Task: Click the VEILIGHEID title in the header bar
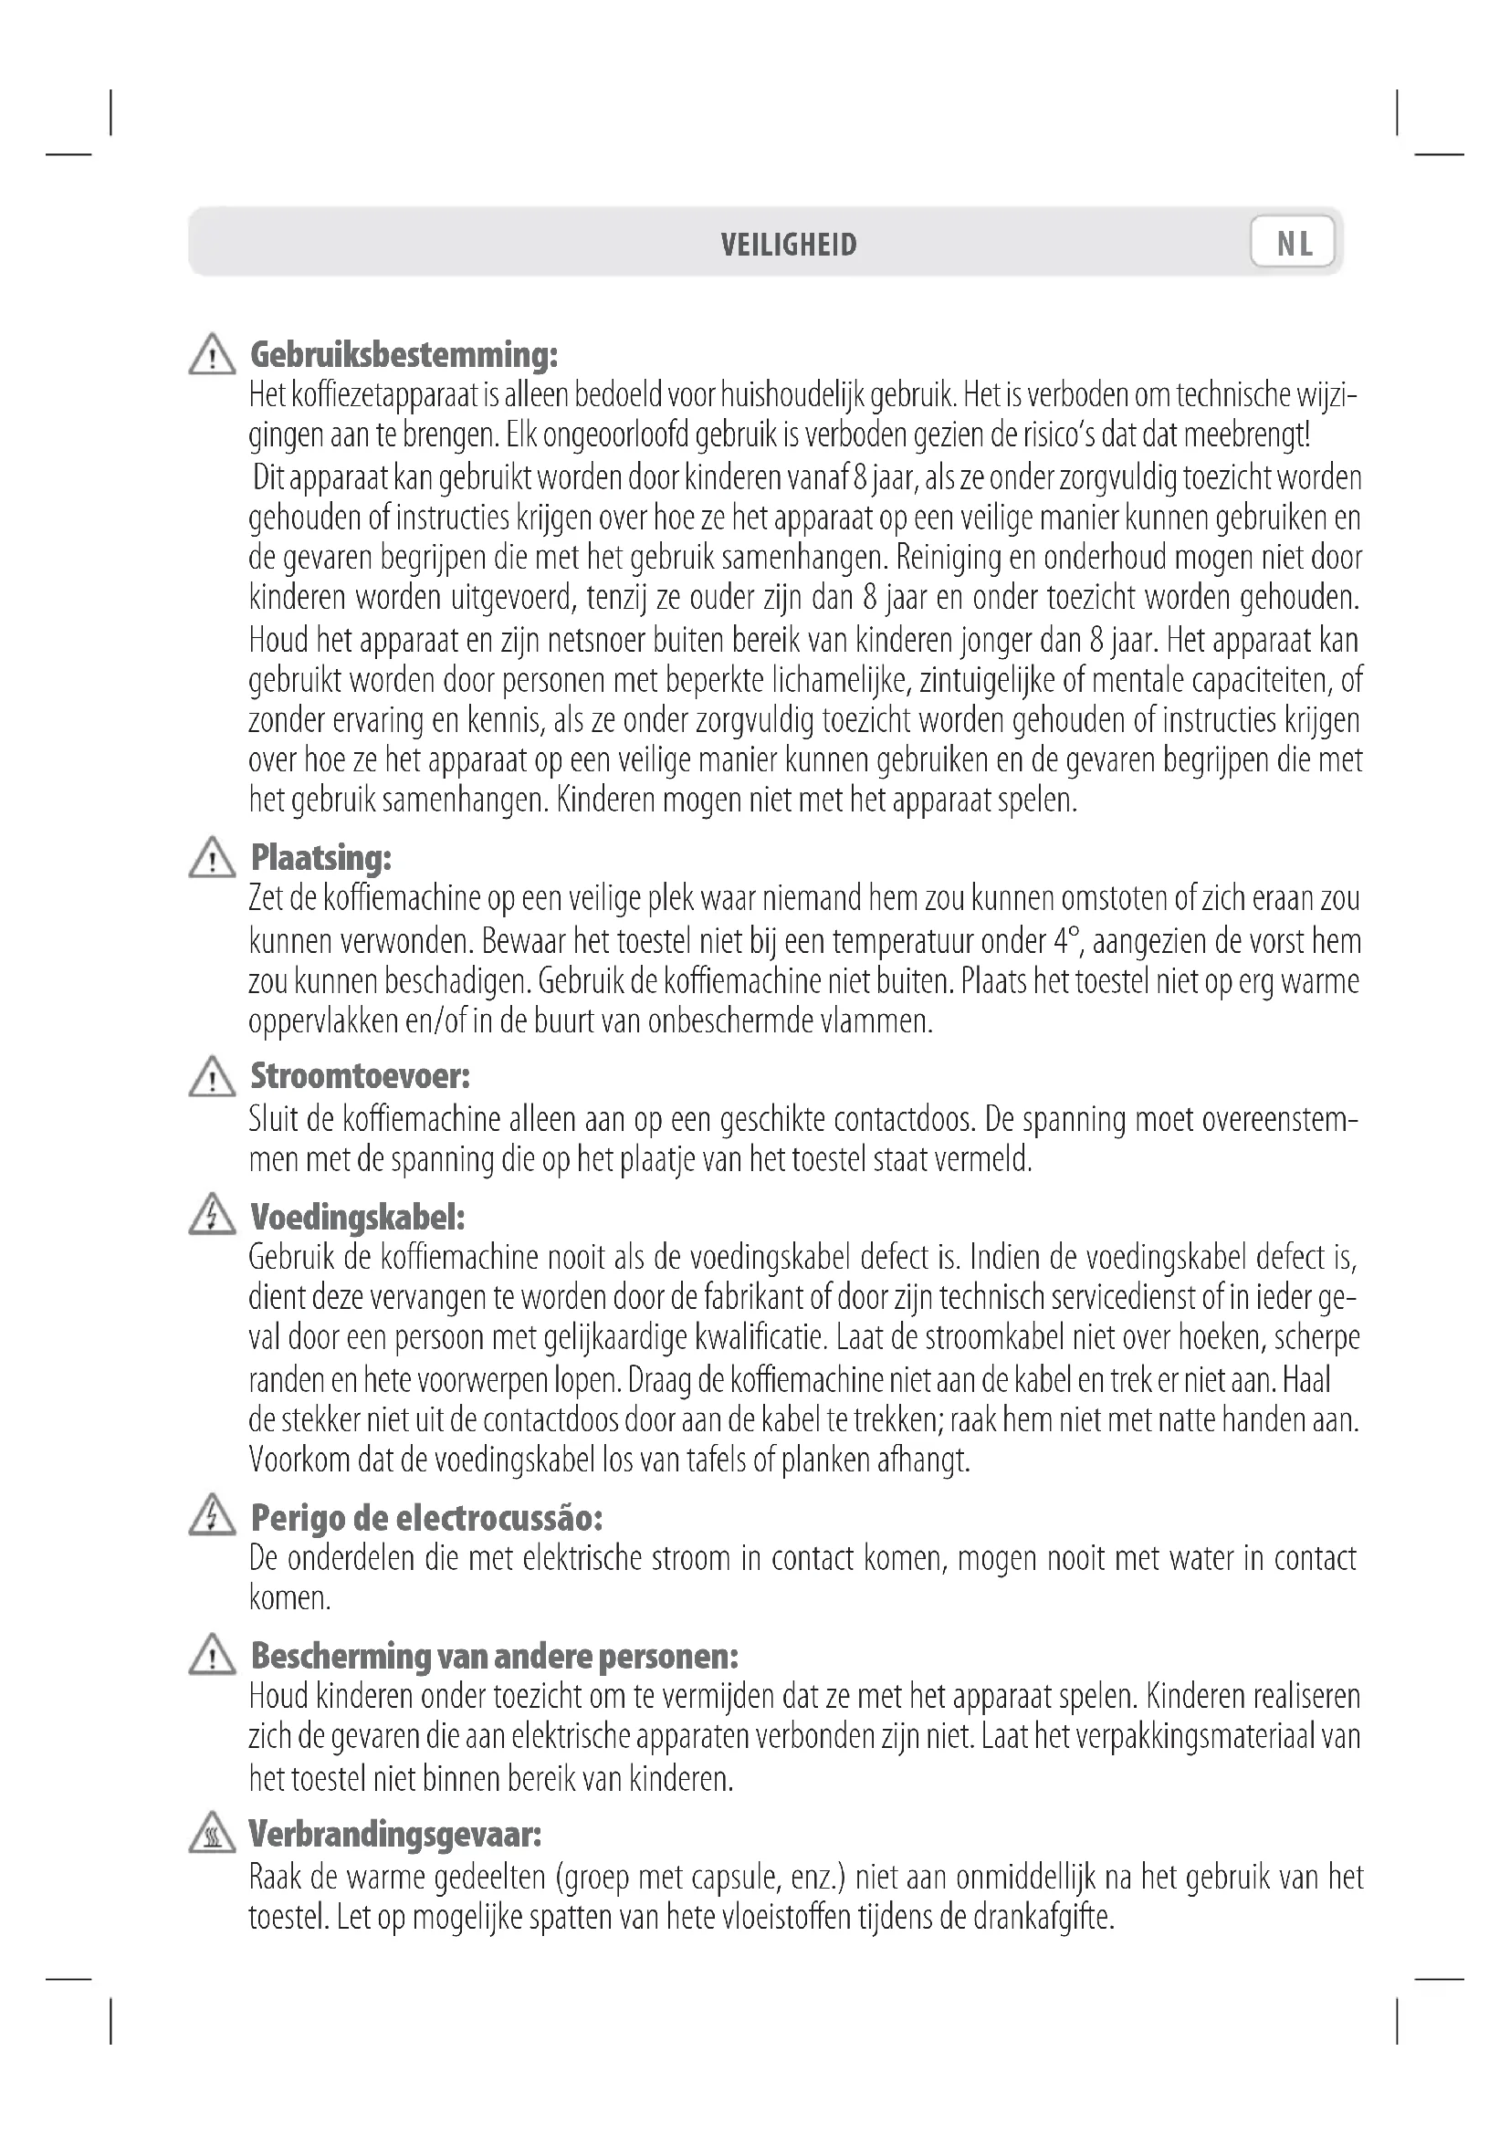(789, 245)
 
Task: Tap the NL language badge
(1294, 244)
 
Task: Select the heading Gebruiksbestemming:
(404, 354)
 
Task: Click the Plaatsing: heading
(321, 857)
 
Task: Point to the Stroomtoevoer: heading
(361, 1076)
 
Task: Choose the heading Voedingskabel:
(358, 1216)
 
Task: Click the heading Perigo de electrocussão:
(426, 1518)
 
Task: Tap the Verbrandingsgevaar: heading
(395, 1834)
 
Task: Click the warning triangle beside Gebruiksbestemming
(212, 355)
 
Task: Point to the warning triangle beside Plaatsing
(212, 858)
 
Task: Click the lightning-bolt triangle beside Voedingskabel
(212, 1215)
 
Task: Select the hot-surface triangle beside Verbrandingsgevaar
(212, 1834)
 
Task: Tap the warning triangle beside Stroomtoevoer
(212, 1077)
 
